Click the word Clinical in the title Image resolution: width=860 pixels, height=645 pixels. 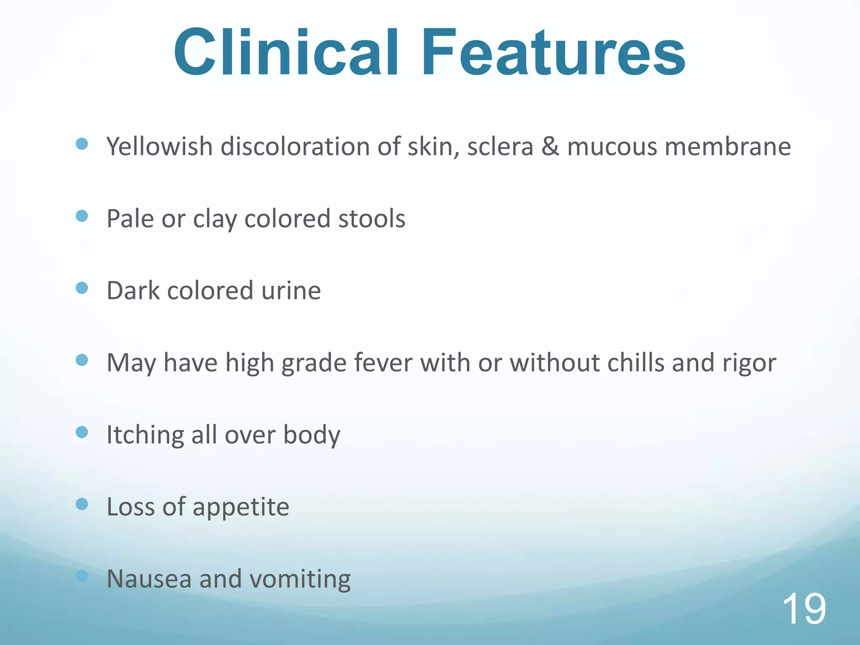coord(286,52)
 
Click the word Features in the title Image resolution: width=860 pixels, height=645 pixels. coord(553,52)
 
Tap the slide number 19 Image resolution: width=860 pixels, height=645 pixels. coord(804,609)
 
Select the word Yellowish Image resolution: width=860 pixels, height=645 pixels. coord(160,147)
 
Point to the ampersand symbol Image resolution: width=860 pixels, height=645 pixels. coord(550,147)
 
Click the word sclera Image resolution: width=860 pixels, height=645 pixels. coord(500,147)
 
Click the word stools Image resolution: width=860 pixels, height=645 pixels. coord(372,219)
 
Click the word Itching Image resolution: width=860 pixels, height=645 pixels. coord(145,435)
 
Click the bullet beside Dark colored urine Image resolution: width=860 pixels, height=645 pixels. coord(82,288)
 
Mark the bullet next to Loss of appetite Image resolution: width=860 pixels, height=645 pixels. coord(82,504)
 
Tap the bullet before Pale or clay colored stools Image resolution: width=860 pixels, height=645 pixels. coord(82,216)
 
